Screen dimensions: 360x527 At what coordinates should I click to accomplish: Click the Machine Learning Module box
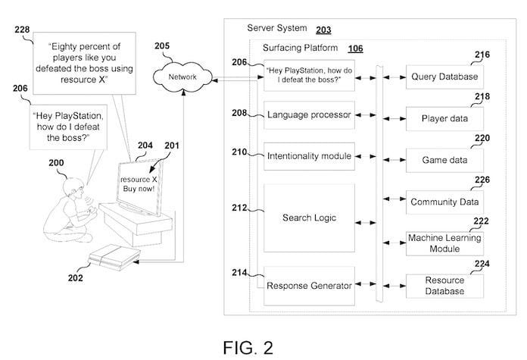click(x=445, y=243)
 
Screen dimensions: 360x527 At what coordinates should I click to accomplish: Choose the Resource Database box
click(x=445, y=285)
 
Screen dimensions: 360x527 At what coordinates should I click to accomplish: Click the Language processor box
click(x=309, y=115)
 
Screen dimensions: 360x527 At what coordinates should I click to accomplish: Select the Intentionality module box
click(x=309, y=157)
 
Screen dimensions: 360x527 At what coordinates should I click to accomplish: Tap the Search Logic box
click(x=309, y=218)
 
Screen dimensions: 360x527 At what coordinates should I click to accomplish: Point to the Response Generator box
click(x=309, y=286)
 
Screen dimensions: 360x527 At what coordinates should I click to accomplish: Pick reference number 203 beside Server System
click(x=323, y=29)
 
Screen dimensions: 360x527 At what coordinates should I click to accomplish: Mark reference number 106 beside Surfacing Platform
click(x=356, y=49)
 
